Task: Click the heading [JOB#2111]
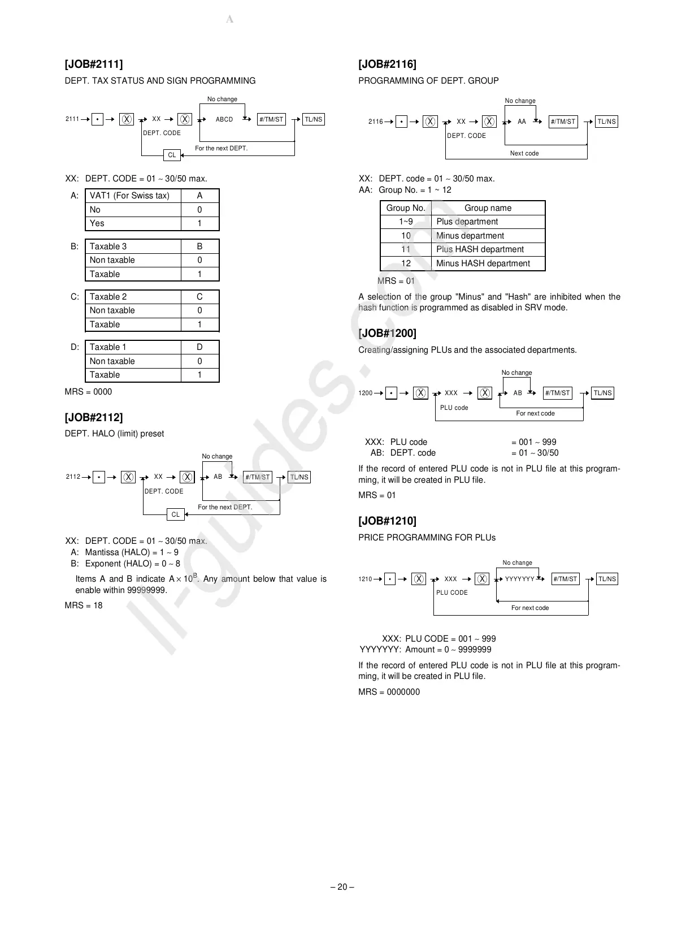94,64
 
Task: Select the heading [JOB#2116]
387,64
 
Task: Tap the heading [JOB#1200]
388,334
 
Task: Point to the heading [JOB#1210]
387,521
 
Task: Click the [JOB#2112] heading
94,418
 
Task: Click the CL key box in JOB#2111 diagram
172,155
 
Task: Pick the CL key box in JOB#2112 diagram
175,514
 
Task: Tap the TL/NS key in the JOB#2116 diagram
606,122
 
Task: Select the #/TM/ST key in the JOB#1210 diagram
565,579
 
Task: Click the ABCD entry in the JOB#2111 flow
224,120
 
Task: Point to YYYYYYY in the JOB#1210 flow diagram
519,579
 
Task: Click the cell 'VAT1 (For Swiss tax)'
129,196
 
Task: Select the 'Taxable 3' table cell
108,246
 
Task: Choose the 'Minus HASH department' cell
483,263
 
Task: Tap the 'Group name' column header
488,208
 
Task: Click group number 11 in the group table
406,249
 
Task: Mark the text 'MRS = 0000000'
389,692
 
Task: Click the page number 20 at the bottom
342,887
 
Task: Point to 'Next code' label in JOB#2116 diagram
524,153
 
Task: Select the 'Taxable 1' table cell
108,347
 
